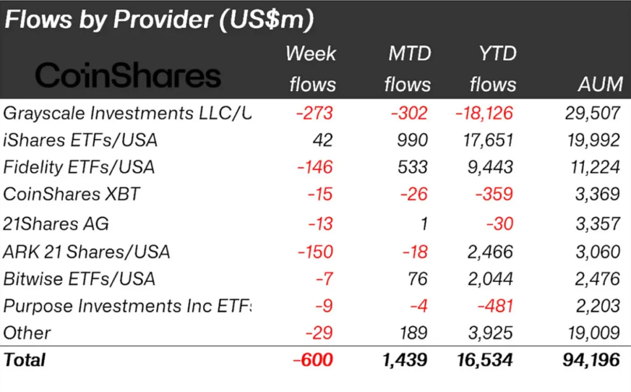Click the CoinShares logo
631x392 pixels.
click(129, 75)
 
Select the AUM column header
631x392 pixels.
click(600, 85)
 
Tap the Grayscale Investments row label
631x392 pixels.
click(127, 113)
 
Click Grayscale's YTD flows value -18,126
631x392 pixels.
click(485, 113)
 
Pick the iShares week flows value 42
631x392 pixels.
click(322, 140)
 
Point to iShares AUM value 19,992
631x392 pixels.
click(594, 140)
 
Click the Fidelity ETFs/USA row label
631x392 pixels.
click(80, 168)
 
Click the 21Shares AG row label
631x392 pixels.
click(56, 223)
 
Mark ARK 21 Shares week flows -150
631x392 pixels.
click(315, 252)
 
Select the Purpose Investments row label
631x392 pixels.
click(127, 306)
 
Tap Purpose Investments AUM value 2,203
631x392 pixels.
click(598, 306)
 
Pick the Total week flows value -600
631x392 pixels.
click(312, 360)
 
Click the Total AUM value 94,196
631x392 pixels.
click(590, 360)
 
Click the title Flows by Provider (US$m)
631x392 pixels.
click(159, 20)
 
